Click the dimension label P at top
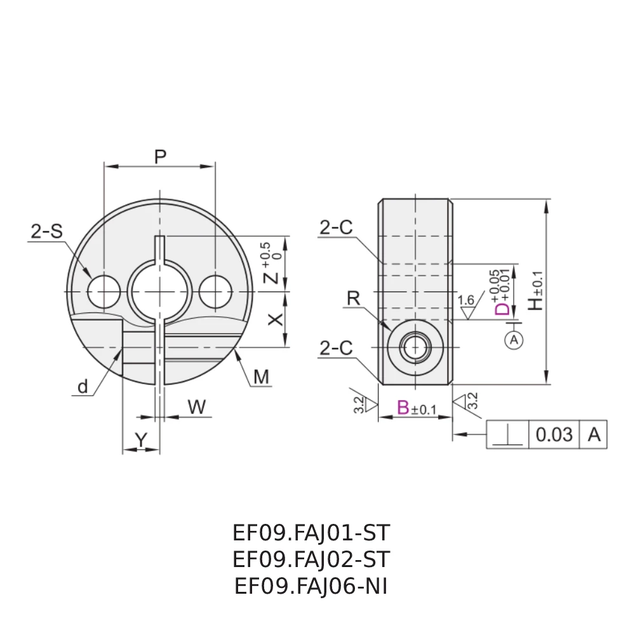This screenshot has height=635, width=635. pyautogui.click(x=161, y=156)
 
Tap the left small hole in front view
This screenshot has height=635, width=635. pyautogui.click(x=104, y=291)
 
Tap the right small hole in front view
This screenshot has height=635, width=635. pyautogui.click(x=215, y=291)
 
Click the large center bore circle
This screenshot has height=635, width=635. pyautogui.click(x=159, y=291)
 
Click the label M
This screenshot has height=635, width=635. pyautogui.click(x=262, y=378)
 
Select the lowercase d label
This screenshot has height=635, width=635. pyautogui.click(x=83, y=387)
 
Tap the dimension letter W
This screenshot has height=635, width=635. pyautogui.click(x=197, y=408)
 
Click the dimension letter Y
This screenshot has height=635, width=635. pyautogui.click(x=141, y=438)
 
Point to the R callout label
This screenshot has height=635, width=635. pyautogui.click(x=353, y=298)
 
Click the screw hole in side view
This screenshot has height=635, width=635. pyautogui.click(x=415, y=347)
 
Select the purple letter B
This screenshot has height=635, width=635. pyautogui.click(x=403, y=408)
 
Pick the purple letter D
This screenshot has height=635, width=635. pyautogui.click(x=502, y=309)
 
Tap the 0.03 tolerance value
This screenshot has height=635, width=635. pyautogui.click(x=554, y=435)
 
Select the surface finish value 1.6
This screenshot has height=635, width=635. pyautogui.click(x=465, y=300)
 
